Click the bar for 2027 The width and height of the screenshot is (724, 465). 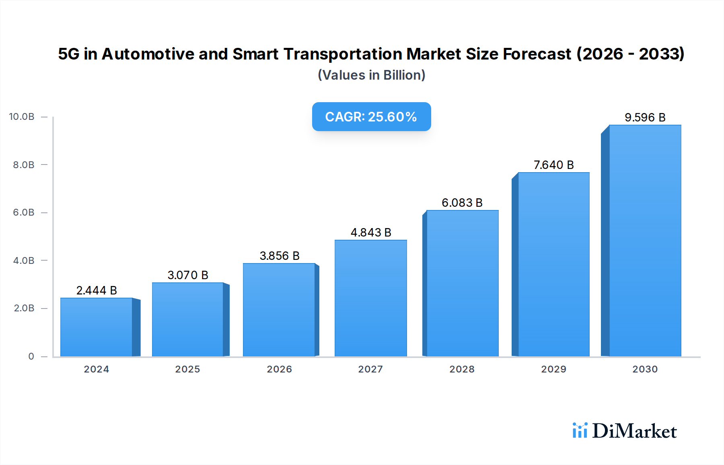[x=370, y=298]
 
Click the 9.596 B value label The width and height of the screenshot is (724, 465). [x=645, y=117]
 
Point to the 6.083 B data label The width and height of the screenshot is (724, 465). [x=462, y=203]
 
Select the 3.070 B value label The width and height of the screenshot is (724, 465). [x=188, y=275]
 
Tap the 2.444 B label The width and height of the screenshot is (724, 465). [x=97, y=290]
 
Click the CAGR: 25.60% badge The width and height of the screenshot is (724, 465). [x=371, y=117]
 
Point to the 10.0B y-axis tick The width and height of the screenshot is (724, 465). [x=22, y=117]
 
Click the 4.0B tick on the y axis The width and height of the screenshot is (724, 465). [x=24, y=261]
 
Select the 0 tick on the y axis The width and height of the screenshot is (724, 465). [x=31, y=356]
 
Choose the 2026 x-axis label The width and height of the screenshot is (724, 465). [x=279, y=369]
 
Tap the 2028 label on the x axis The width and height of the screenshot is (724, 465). [x=462, y=369]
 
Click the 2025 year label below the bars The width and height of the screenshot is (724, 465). [x=187, y=369]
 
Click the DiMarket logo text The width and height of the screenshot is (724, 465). [x=634, y=431]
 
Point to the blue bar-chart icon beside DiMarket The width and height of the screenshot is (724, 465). [x=580, y=430]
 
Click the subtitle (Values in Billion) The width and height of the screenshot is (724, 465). [x=371, y=75]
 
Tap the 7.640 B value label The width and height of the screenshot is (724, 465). [x=553, y=165]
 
